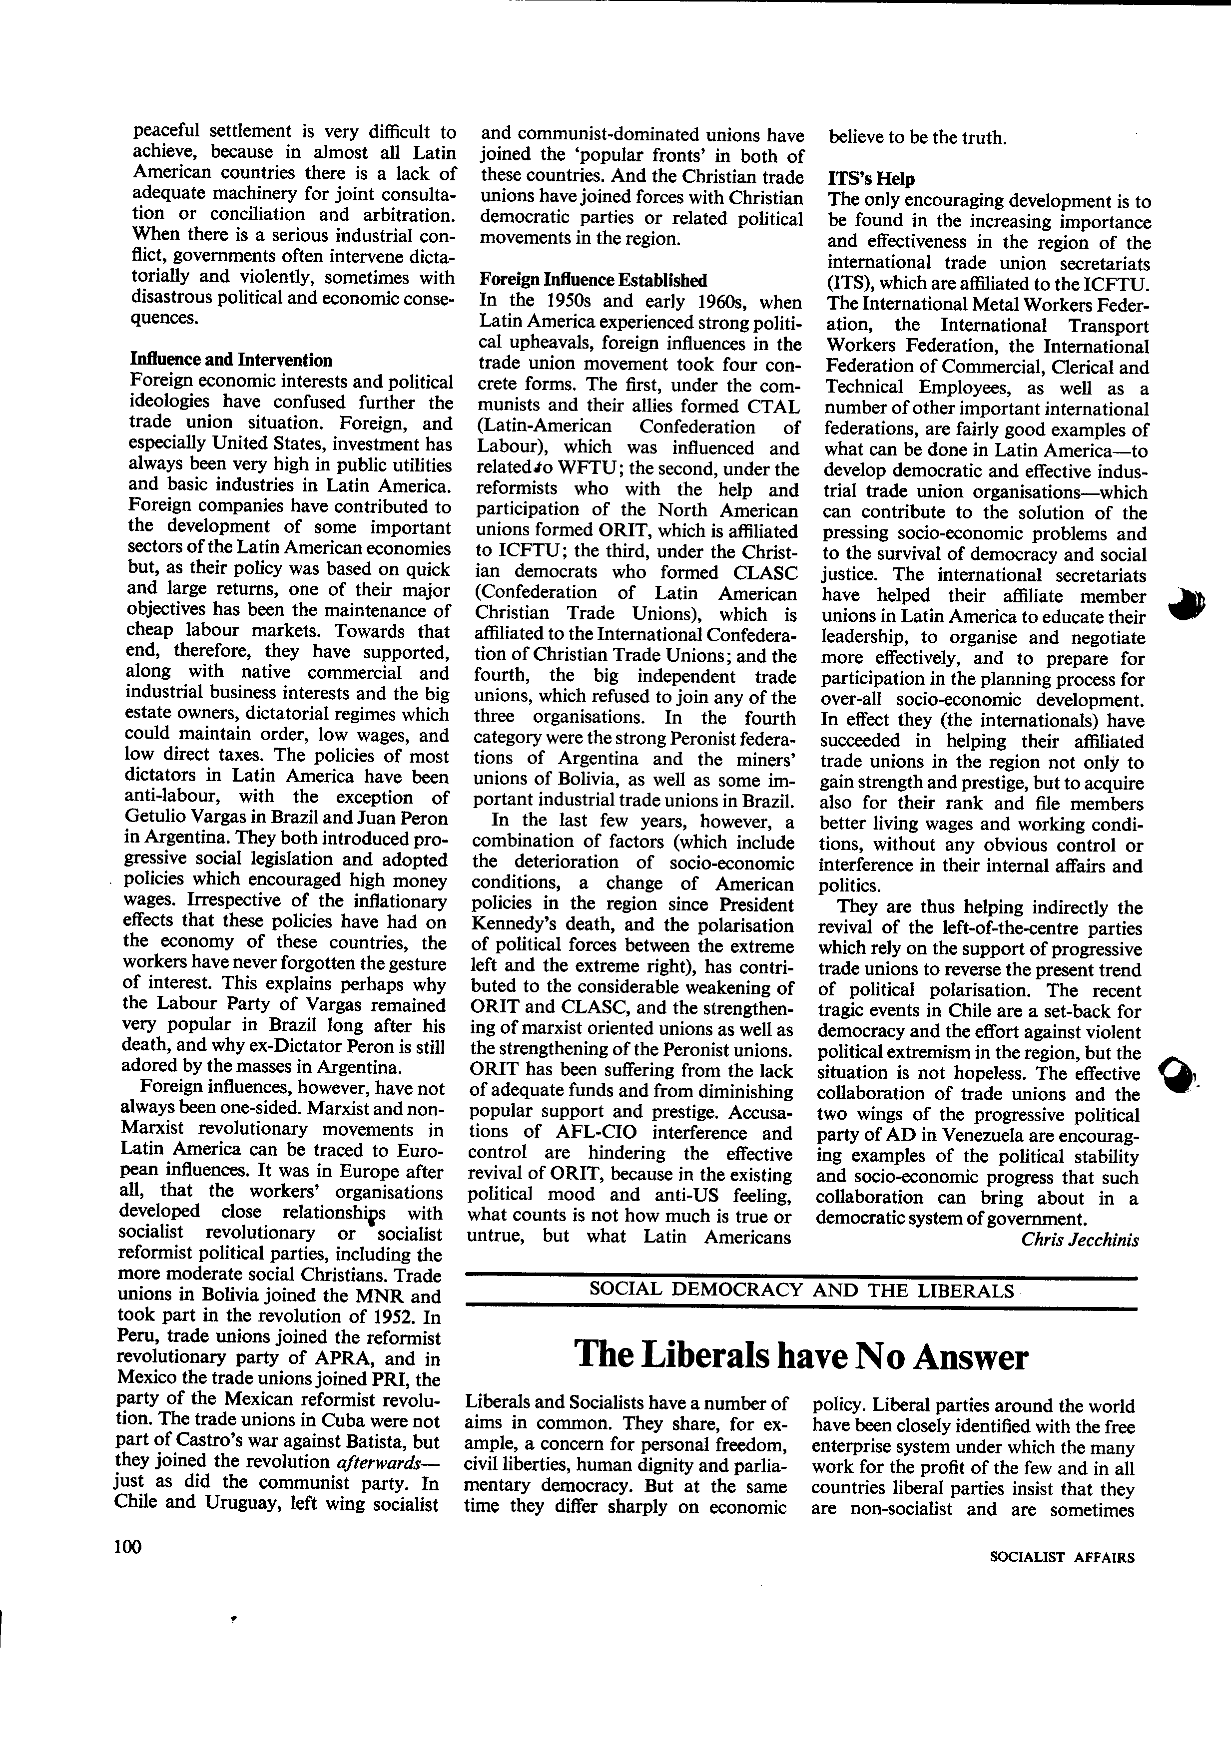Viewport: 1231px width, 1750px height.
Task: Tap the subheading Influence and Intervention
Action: coord(231,360)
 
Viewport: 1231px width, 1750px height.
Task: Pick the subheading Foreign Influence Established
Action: coord(593,280)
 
